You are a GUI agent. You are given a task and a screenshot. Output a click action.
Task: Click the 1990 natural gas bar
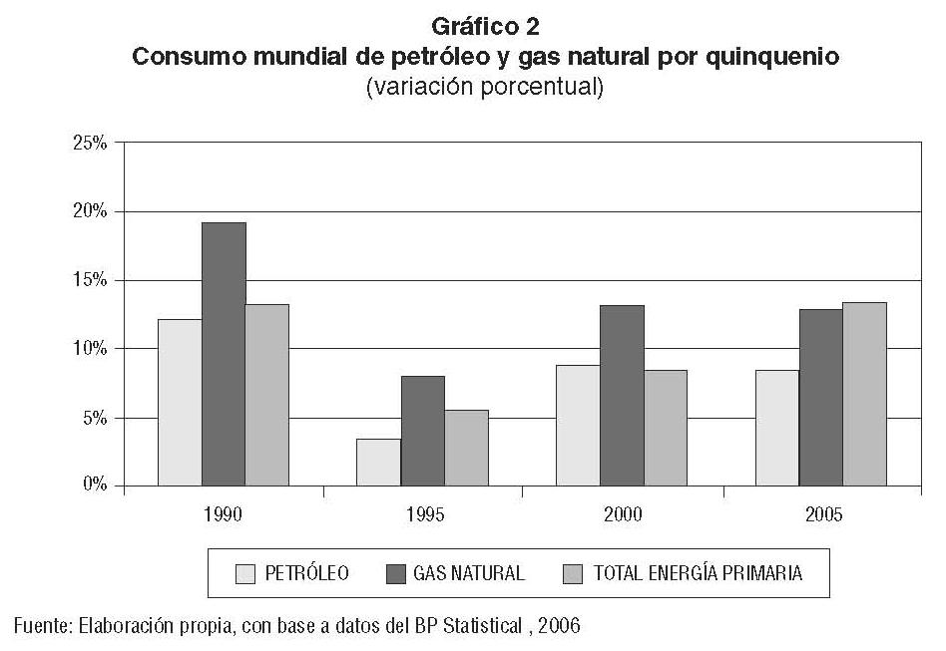click(x=224, y=354)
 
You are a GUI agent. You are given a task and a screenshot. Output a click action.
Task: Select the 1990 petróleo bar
click(x=180, y=403)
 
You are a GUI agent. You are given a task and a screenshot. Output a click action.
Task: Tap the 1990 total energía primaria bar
click(x=266, y=395)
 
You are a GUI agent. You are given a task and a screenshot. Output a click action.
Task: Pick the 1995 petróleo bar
click(x=378, y=462)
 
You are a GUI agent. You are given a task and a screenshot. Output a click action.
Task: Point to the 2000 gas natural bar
click(x=622, y=395)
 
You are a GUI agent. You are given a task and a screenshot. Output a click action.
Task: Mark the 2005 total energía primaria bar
click(x=864, y=394)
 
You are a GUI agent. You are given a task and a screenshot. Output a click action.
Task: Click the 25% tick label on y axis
click(x=90, y=143)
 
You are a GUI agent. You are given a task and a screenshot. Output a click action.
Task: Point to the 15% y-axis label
click(x=90, y=280)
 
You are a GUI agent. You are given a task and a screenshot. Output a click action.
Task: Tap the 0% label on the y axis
click(x=94, y=486)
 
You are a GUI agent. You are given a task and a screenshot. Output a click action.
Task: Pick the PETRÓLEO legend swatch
click(x=246, y=573)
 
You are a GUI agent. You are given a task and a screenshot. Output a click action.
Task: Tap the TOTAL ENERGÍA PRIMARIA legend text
click(x=698, y=573)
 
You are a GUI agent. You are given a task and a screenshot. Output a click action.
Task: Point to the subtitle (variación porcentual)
click(x=486, y=87)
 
